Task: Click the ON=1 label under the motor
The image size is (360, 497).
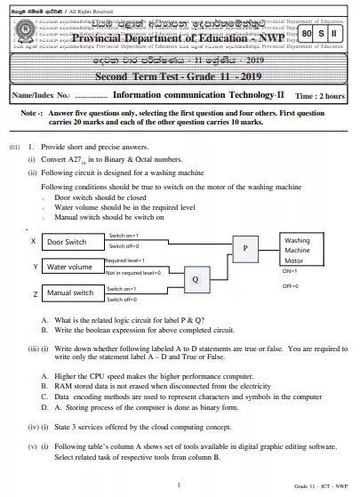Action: (290, 270)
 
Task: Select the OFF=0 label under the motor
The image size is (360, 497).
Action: (290, 287)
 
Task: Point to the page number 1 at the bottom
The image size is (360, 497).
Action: (179, 485)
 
